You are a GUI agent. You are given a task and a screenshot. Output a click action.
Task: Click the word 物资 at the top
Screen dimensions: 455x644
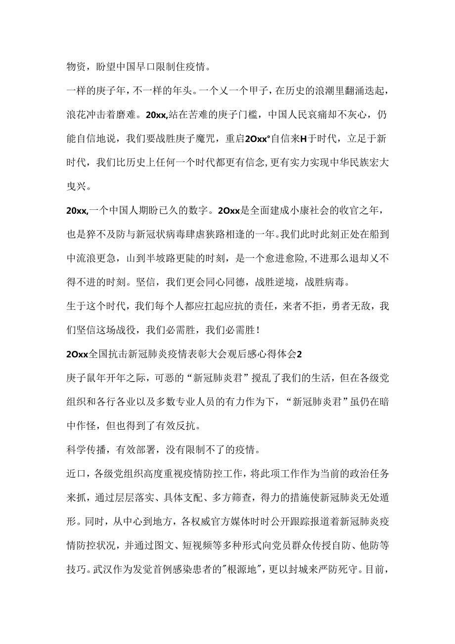tap(75, 66)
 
